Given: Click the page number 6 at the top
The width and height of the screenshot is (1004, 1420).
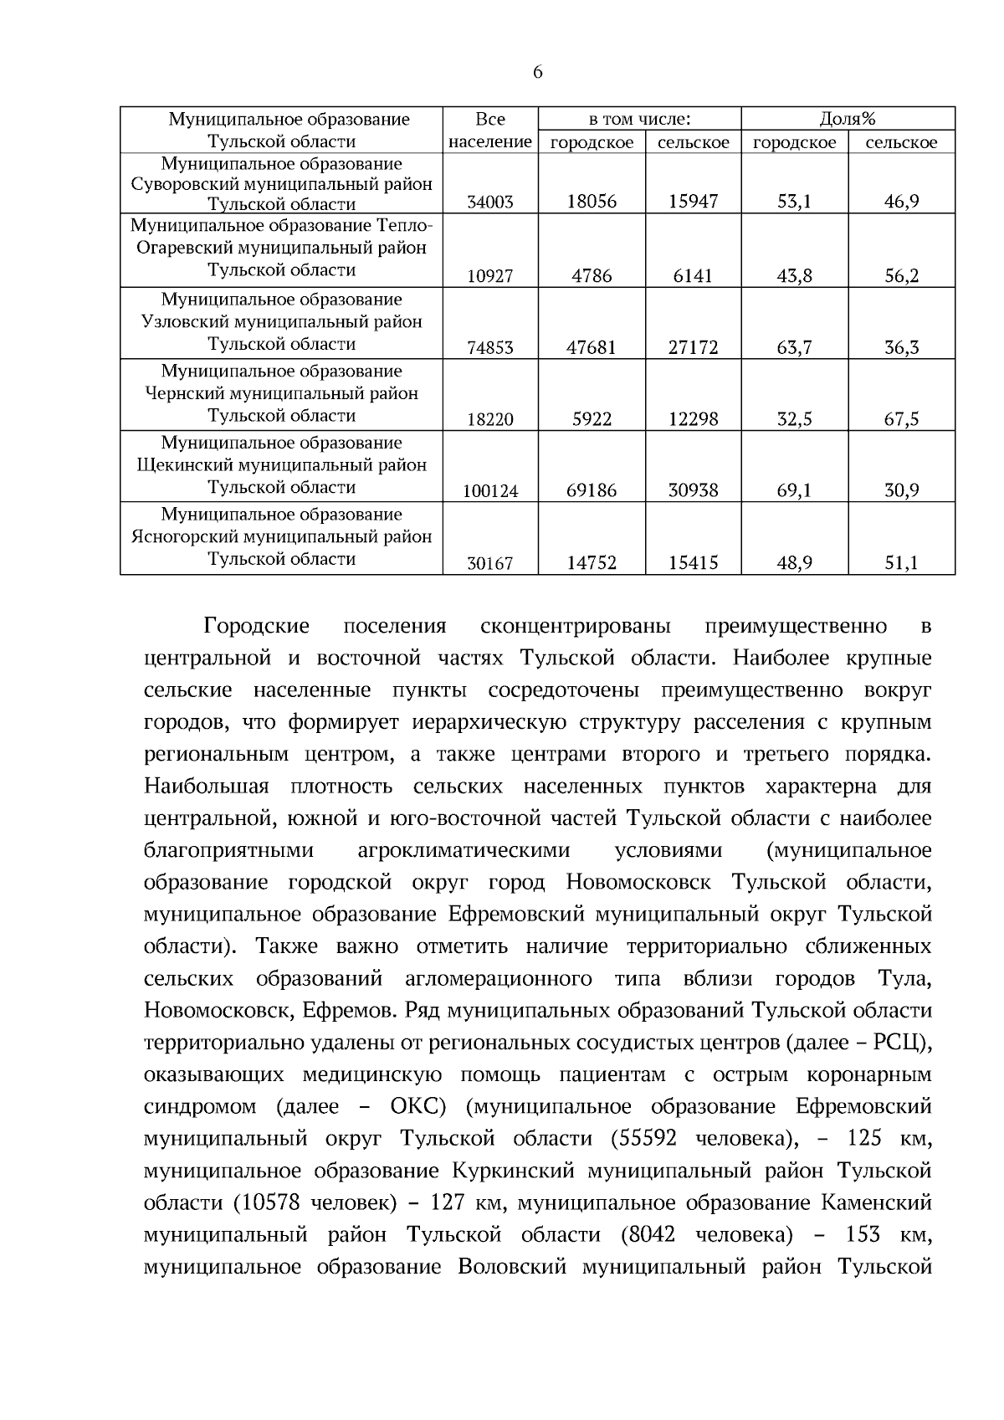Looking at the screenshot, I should click(x=537, y=72).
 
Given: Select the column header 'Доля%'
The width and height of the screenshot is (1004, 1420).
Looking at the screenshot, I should click(x=848, y=119).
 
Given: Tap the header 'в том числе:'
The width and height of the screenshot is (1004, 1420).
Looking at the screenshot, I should click(x=639, y=119).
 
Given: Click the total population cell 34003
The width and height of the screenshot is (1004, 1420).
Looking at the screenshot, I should click(x=490, y=202).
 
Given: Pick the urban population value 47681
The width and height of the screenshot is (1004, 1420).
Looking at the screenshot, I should click(x=592, y=347).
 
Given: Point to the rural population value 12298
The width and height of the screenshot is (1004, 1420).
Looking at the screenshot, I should click(x=693, y=419).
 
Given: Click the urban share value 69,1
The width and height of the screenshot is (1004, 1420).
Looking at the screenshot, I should click(x=794, y=490).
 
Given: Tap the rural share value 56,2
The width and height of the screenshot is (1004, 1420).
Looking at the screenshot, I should click(x=902, y=275).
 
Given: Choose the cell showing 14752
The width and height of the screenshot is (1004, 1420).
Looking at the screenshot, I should click(x=592, y=563).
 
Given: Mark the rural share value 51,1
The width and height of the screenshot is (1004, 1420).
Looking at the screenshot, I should click(x=902, y=563).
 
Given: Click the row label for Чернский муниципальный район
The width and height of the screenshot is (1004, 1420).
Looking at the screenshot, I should click(x=281, y=393).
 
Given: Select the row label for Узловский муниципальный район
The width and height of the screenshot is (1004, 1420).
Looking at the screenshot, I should click(x=281, y=322).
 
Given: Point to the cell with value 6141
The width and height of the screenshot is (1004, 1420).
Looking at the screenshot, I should click(x=693, y=275).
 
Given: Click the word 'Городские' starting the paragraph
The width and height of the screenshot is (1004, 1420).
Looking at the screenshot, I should click(x=256, y=626).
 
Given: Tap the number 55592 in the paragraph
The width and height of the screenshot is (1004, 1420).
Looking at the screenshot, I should click(x=645, y=1139).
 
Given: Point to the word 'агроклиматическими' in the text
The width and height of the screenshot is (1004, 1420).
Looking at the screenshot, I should click(x=464, y=851).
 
